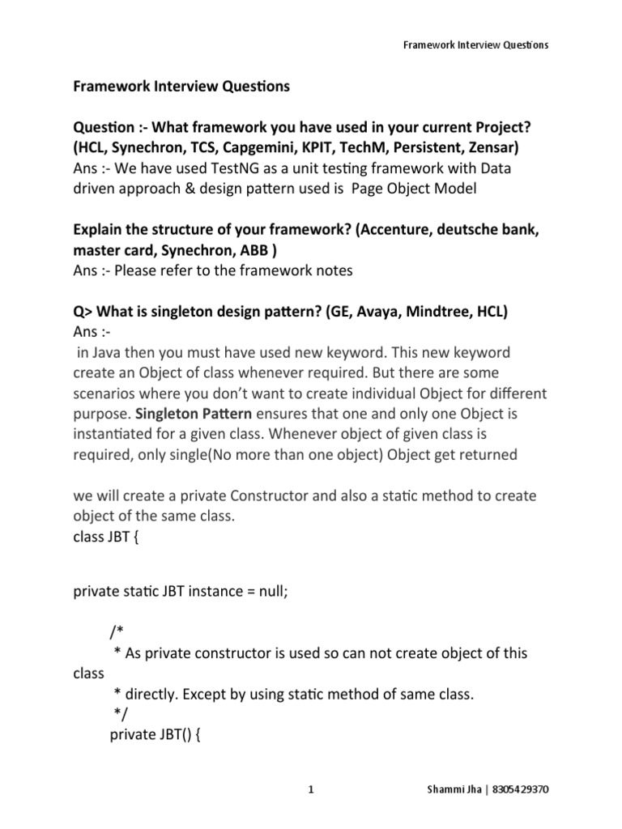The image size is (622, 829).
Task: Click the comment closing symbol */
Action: pyautogui.click(x=120, y=713)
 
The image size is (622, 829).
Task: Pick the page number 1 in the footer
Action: pyautogui.click(x=311, y=789)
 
